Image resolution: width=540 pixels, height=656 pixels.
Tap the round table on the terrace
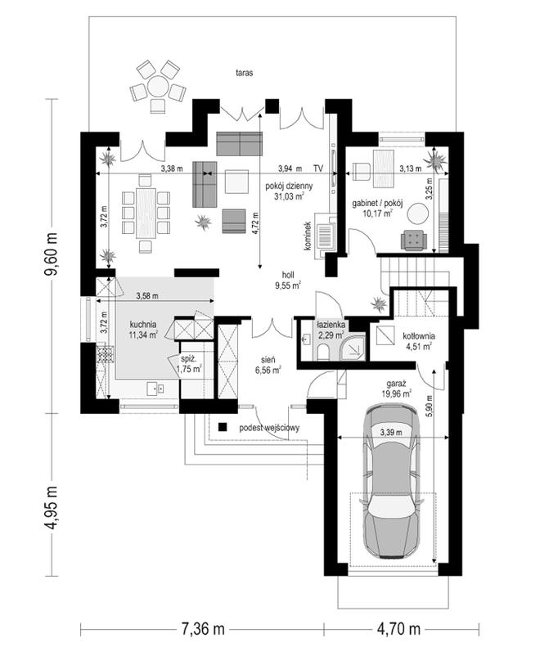(x=158, y=86)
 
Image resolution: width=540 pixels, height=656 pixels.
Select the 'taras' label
(x=245, y=73)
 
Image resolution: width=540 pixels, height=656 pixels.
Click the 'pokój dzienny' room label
(x=289, y=186)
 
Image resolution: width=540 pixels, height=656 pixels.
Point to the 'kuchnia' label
(x=143, y=324)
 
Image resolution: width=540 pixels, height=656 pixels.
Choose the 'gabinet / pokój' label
(x=377, y=204)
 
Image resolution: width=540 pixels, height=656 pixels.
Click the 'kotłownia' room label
(x=419, y=336)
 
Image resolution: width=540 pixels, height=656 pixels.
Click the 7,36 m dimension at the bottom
(x=203, y=628)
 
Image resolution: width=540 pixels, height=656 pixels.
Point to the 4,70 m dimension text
(x=398, y=628)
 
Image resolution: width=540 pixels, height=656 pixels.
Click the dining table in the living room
(x=146, y=213)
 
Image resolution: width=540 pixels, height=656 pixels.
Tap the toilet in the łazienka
(x=322, y=352)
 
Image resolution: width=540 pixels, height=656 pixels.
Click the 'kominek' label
(x=308, y=236)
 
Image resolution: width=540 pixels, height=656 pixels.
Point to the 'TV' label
(x=318, y=168)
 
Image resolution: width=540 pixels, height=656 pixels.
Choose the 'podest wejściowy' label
(x=269, y=428)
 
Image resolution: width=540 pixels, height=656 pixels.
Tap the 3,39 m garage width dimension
(x=391, y=433)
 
